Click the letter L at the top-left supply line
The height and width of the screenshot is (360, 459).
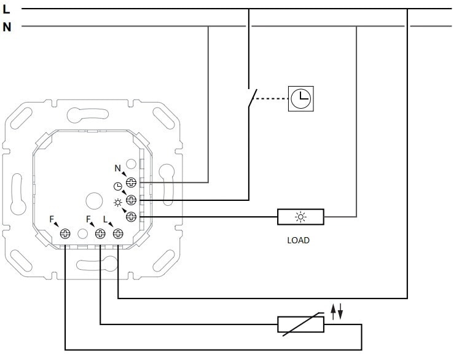point(7,10)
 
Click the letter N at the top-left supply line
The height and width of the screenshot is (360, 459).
point(7,27)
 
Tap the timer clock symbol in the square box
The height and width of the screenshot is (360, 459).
point(300,98)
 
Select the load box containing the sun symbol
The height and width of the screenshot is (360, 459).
point(300,216)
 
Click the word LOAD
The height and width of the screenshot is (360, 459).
point(299,240)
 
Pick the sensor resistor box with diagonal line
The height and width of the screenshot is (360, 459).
point(300,324)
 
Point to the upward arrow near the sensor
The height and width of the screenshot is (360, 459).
point(334,311)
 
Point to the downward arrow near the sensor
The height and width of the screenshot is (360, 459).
point(340,311)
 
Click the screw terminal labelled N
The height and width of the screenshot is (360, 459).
point(131,182)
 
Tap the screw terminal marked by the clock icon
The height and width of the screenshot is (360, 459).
point(131,199)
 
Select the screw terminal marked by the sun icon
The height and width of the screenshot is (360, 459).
point(131,216)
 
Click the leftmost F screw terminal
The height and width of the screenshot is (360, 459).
point(65,233)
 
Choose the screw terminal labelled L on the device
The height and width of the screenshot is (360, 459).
point(118,233)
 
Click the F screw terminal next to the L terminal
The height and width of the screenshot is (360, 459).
point(100,233)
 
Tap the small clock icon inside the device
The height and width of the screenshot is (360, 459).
point(118,187)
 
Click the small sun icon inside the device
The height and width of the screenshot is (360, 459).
point(118,202)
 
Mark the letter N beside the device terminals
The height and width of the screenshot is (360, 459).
point(118,168)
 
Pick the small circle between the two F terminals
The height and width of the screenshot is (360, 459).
point(83,233)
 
